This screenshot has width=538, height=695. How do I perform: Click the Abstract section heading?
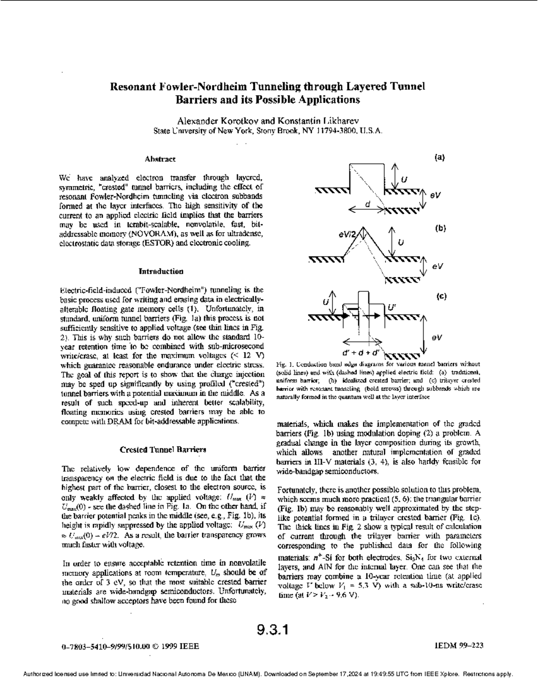pos(160,159)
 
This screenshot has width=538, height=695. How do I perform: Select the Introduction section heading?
pos(161,272)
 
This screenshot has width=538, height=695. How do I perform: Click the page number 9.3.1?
pos(272,630)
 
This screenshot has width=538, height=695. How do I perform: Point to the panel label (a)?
pos(439,157)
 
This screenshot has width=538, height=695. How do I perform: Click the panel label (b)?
pos(440,228)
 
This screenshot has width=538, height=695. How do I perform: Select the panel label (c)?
pos(441,297)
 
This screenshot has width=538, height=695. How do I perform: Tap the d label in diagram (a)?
pos(368,204)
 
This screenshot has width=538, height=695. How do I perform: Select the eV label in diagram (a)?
pos(435,196)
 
